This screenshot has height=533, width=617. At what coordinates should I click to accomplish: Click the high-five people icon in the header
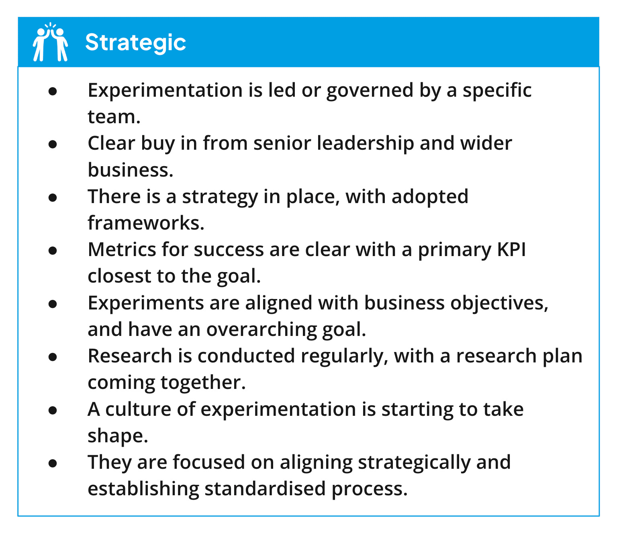point(50,42)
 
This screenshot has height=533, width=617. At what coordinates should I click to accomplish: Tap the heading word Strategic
point(135,43)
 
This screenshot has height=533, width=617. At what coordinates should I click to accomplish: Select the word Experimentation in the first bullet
point(165,90)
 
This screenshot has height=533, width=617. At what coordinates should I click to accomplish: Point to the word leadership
point(366,144)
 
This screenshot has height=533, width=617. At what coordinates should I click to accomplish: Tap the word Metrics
point(122,249)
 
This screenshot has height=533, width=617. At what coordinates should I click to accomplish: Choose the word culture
point(138,409)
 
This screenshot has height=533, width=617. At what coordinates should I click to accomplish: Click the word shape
point(118,436)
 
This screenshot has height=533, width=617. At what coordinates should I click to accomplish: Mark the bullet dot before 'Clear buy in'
point(53,144)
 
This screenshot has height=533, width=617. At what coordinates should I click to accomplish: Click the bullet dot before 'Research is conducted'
point(53,357)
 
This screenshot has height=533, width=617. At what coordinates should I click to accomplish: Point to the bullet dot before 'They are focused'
point(53,463)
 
